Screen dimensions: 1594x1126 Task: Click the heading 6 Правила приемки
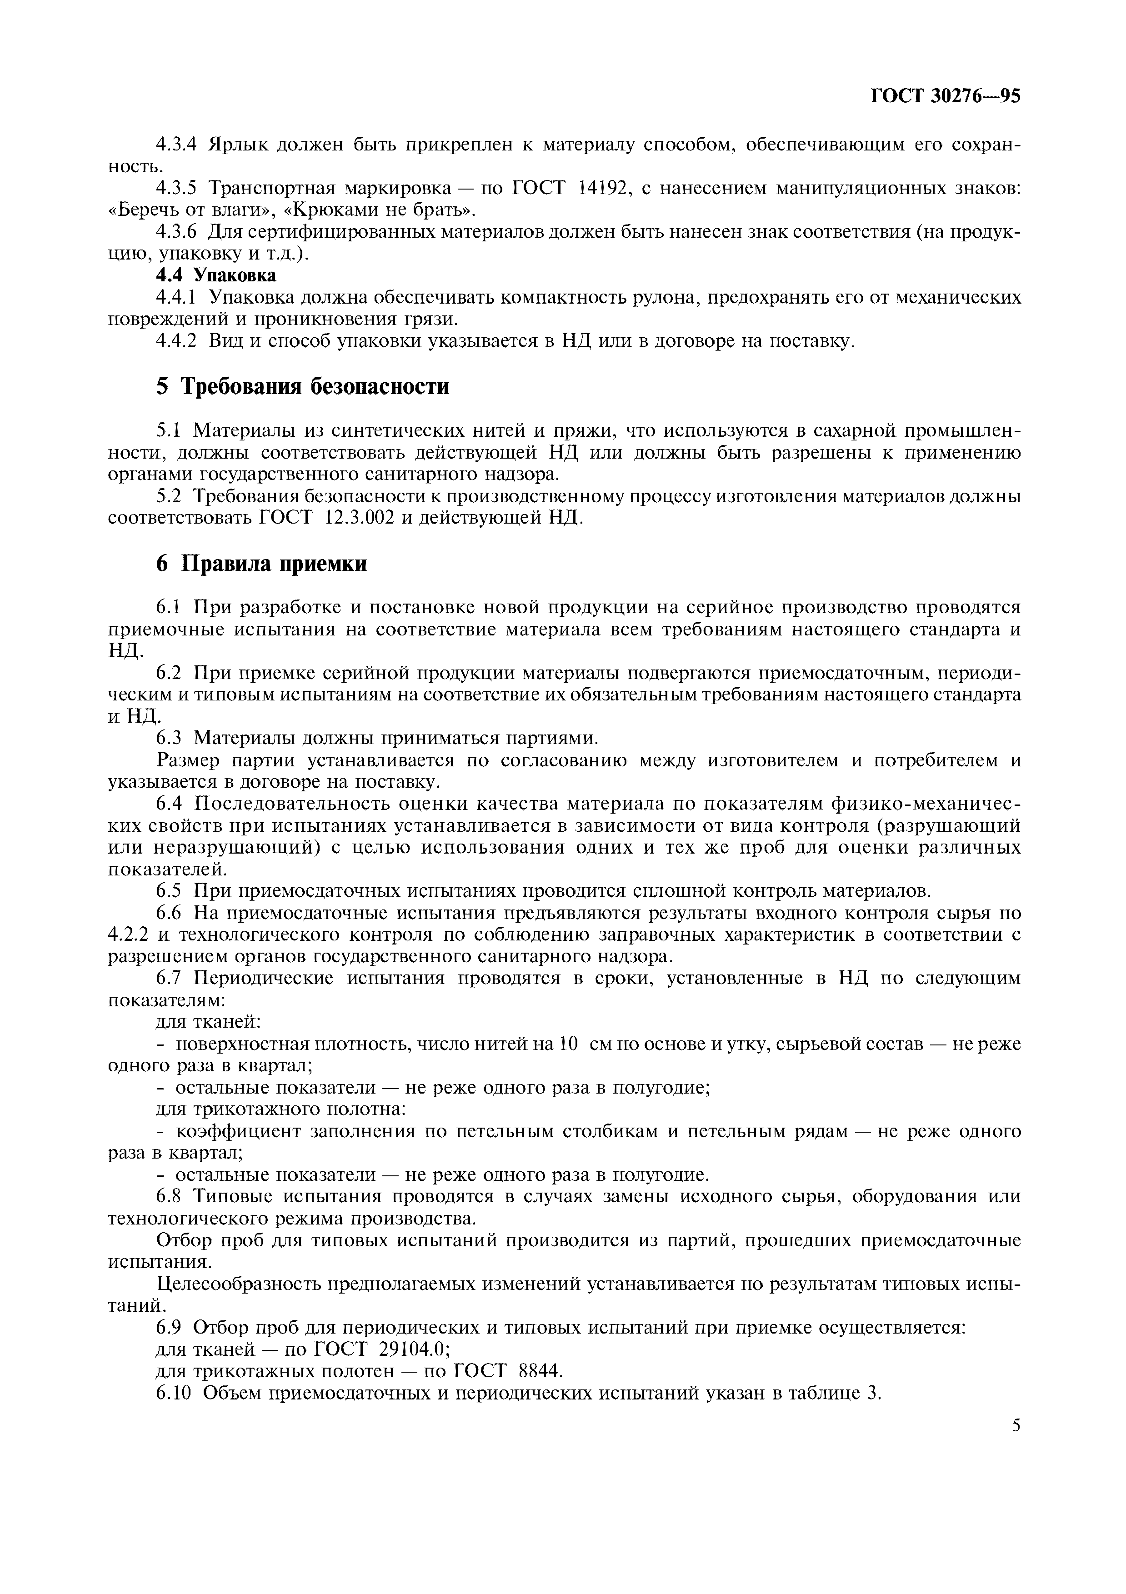click(261, 564)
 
